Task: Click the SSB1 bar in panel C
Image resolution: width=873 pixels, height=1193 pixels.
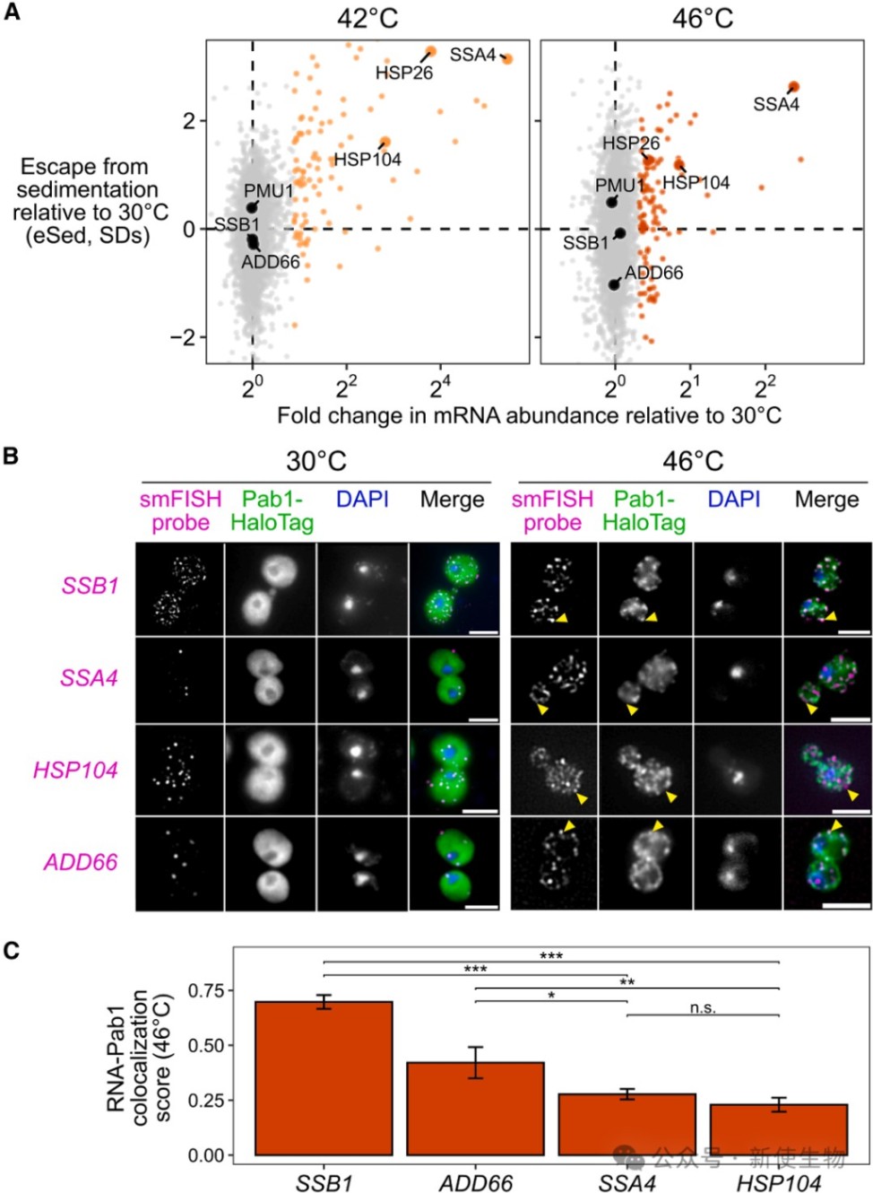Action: (324, 1077)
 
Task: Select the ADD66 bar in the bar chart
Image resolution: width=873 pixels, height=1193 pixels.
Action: (475, 1108)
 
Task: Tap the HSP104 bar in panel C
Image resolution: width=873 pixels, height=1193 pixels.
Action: (778, 1129)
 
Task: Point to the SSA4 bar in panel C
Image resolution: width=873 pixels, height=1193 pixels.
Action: (627, 1124)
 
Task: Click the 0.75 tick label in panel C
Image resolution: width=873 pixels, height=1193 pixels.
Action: (205, 990)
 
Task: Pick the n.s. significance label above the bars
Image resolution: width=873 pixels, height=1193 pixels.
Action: (703, 1007)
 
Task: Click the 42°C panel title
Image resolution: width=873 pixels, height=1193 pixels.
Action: (367, 19)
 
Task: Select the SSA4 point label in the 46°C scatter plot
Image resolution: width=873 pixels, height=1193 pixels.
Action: (776, 105)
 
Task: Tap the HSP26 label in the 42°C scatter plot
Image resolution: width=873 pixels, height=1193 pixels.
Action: (403, 73)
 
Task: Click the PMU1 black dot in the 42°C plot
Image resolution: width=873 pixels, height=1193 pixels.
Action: (253, 207)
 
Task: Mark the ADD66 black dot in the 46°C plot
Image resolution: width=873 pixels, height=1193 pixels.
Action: (614, 284)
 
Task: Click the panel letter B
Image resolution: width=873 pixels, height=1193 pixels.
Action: (11, 456)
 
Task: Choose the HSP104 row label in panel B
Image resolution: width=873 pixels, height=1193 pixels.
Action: (75, 770)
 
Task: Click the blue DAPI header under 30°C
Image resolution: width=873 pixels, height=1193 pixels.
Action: (362, 499)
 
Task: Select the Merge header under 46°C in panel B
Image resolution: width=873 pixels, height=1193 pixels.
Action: (826, 499)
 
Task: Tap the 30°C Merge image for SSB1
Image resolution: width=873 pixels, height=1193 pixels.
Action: (454, 588)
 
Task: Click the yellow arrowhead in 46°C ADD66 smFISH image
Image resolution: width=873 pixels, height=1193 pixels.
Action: (569, 825)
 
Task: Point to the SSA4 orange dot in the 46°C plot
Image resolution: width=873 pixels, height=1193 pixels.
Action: (793, 87)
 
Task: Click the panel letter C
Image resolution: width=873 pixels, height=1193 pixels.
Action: (11, 950)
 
